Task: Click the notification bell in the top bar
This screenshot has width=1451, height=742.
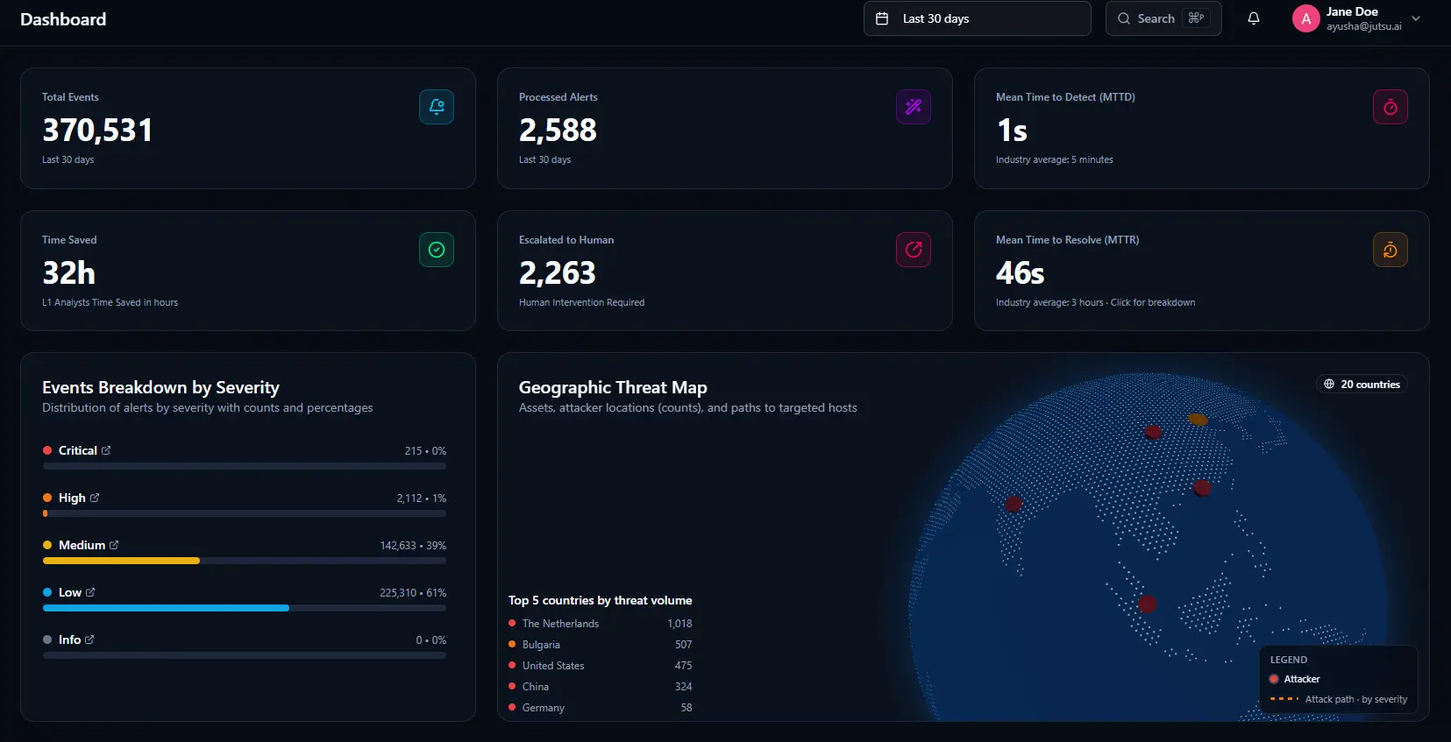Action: click(x=1254, y=18)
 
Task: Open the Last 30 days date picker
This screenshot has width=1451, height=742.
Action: click(x=977, y=18)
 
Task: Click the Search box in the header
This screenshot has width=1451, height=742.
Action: click(x=1163, y=18)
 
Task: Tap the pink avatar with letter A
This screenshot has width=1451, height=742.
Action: click(x=1306, y=18)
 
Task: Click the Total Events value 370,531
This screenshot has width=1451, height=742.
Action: click(x=98, y=130)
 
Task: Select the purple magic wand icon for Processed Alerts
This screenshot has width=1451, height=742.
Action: click(x=914, y=107)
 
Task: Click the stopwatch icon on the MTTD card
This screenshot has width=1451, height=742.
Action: click(x=1391, y=107)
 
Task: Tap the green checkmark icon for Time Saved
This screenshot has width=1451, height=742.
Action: click(x=437, y=250)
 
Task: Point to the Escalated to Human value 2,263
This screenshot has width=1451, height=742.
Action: click(x=557, y=272)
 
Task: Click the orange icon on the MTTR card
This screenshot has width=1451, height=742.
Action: click(x=1391, y=250)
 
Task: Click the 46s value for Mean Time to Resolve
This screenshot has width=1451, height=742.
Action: click(x=1020, y=272)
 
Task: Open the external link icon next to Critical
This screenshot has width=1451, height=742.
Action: click(x=106, y=450)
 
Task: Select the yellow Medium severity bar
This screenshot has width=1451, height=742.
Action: click(x=121, y=561)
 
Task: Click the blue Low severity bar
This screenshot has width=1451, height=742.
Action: click(x=166, y=608)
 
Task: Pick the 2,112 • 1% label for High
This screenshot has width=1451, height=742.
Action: click(x=421, y=498)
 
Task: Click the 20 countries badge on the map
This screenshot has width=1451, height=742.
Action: click(x=1362, y=384)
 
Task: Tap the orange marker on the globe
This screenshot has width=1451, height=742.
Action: click(x=1198, y=420)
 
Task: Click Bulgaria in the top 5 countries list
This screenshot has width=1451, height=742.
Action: click(x=541, y=644)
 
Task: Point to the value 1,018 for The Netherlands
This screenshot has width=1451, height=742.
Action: click(x=679, y=624)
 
